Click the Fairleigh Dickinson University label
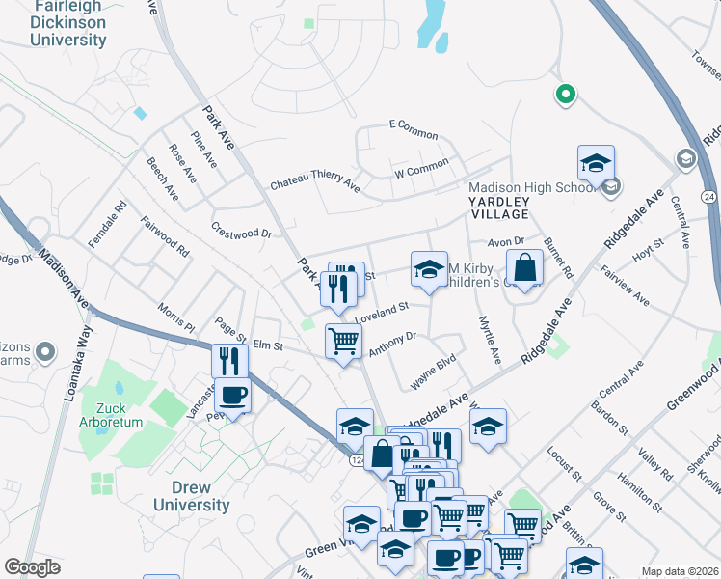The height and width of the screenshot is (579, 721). tap(67, 23)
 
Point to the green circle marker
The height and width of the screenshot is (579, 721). tap(566, 95)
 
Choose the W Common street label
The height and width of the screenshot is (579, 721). tap(421, 170)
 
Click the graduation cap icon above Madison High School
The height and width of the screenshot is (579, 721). tap(596, 162)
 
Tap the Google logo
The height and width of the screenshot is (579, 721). tap(32, 567)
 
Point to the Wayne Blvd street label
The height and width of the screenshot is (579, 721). tap(433, 374)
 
